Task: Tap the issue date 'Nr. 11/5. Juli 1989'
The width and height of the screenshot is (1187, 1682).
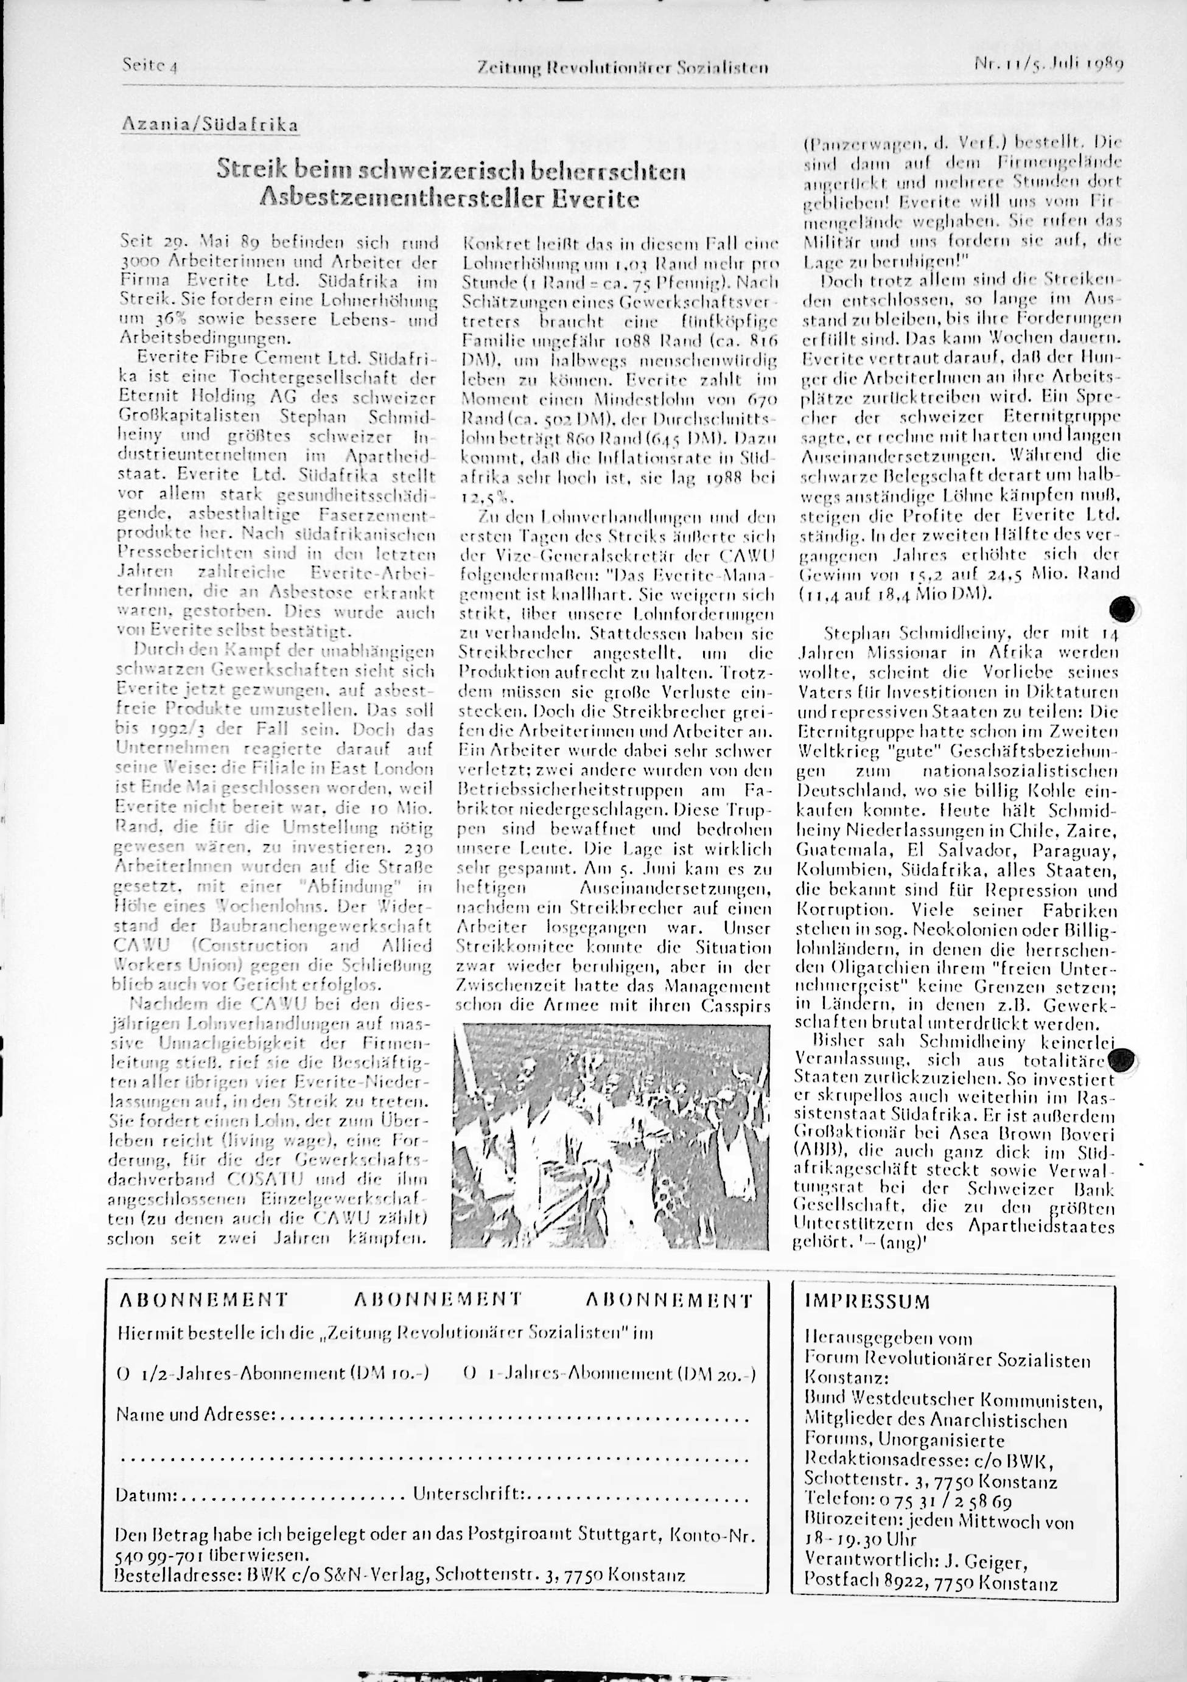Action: coord(1048,63)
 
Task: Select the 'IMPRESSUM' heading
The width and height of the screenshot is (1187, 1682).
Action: coord(867,1302)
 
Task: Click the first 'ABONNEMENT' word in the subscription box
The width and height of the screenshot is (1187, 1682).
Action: coord(203,1300)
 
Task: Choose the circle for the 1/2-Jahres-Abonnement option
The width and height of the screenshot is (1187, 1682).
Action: coord(122,1373)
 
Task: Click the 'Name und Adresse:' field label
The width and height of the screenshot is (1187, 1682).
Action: coord(195,1413)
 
